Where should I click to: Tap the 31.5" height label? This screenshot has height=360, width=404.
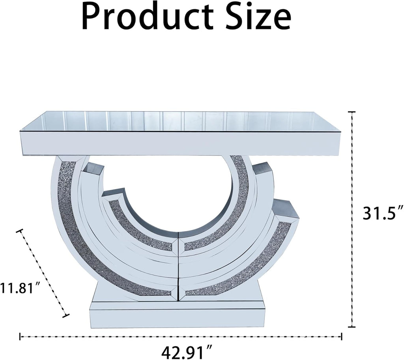[x=383, y=213]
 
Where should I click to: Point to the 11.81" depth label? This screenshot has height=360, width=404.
[x=20, y=288]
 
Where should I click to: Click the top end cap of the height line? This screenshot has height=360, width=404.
[x=352, y=112]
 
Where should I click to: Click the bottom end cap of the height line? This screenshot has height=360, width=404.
[x=352, y=327]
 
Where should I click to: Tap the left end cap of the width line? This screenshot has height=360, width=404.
[x=20, y=336]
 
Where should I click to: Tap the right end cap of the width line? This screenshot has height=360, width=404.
[x=342, y=336]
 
